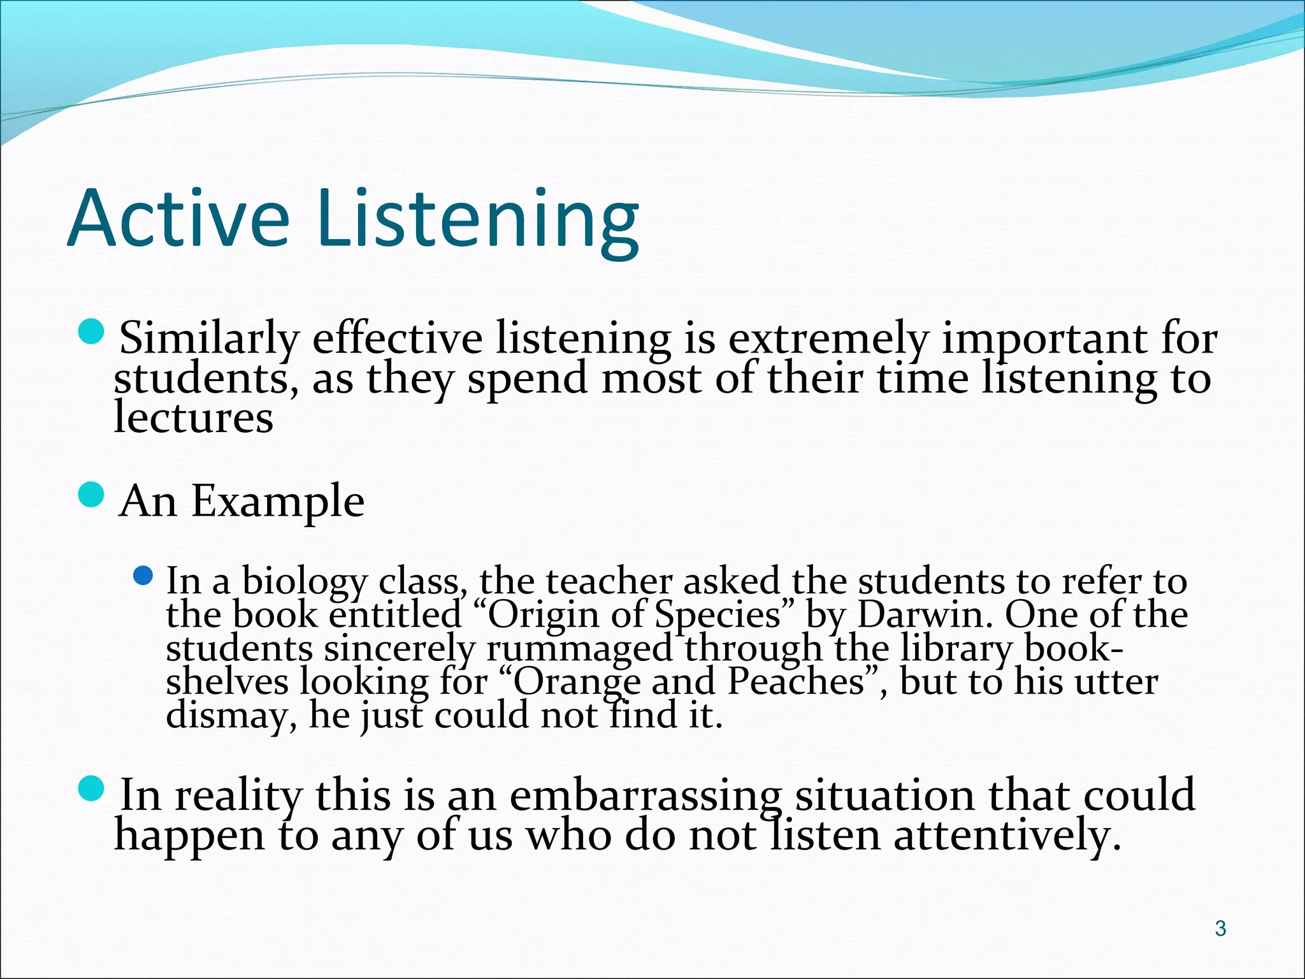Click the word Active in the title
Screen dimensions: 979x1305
coord(178,218)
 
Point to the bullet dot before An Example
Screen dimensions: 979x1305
coord(92,495)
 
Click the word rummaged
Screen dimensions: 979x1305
coord(579,649)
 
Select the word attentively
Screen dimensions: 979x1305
coord(1007,836)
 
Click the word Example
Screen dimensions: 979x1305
coord(278,502)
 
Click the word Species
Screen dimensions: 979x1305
coord(717,615)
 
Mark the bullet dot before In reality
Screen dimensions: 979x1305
coord(92,790)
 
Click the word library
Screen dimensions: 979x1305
coord(956,649)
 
